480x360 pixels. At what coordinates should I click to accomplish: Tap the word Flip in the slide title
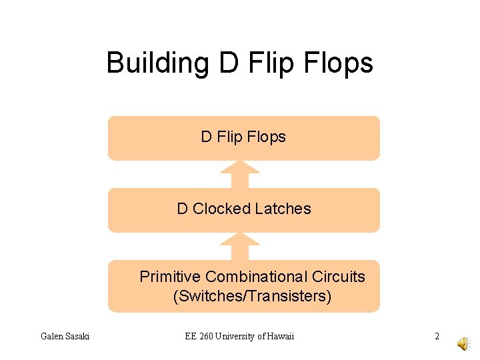point(267,63)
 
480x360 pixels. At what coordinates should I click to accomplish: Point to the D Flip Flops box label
point(243,137)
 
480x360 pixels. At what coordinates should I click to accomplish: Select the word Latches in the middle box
point(283,209)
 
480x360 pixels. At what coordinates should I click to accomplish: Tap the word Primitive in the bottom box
point(170,277)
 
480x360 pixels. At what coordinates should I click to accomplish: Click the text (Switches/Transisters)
point(252,296)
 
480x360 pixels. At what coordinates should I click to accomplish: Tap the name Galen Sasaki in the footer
point(65,336)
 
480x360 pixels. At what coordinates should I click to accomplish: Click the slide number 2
point(437,336)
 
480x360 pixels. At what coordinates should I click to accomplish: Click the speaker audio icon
point(462,343)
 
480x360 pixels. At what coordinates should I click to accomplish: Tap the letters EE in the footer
point(191,336)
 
